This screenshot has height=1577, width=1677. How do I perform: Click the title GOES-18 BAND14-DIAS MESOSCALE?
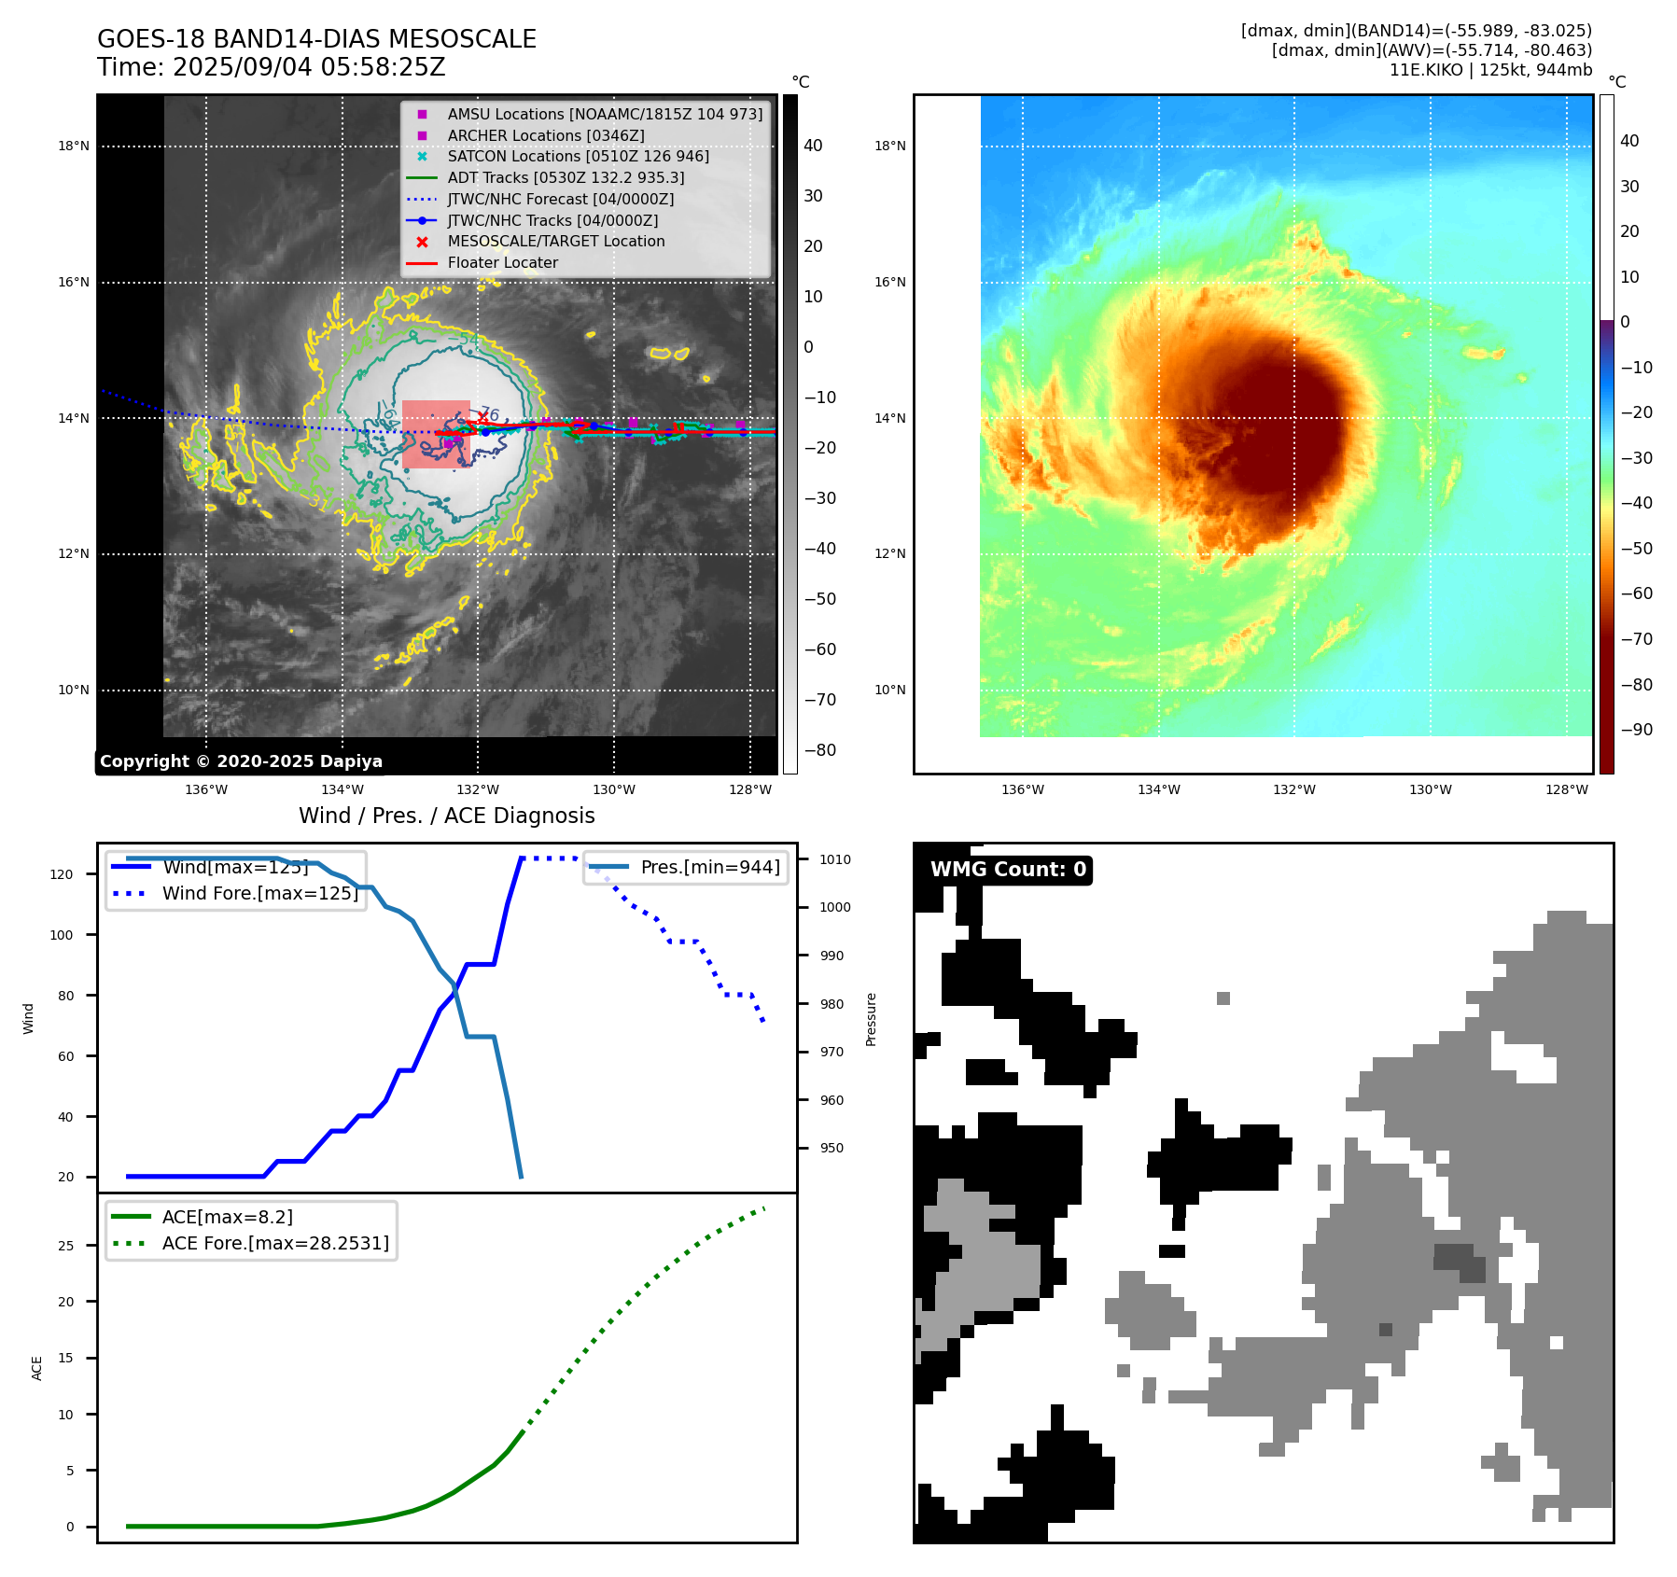[x=316, y=39]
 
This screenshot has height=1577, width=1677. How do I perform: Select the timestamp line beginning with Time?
[x=271, y=67]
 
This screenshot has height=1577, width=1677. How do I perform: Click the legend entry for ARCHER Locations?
[x=545, y=135]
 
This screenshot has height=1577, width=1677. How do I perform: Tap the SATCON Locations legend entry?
[x=578, y=156]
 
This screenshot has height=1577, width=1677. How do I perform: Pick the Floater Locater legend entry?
[x=502, y=262]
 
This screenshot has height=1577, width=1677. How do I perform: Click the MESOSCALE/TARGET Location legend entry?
[x=555, y=241]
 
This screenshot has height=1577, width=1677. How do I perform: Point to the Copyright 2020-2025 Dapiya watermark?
[x=241, y=761]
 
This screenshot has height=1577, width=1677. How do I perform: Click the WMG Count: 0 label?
[x=1008, y=870]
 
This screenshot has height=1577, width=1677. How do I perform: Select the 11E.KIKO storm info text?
[x=1490, y=70]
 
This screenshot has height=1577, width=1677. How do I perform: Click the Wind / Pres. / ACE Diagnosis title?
[x=446, y=816]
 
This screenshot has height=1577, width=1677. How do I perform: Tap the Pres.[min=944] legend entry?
[x=709, y=867]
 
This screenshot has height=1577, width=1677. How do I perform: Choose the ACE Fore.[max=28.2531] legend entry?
[x=274, y=1243]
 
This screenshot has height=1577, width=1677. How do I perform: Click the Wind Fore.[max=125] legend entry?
[x=259, y=893]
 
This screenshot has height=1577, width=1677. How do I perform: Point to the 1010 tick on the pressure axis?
[x=835, y=859]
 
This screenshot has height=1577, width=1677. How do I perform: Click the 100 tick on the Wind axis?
[x=62, y=935]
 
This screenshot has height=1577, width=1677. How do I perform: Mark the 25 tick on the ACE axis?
[x=65, y=1246]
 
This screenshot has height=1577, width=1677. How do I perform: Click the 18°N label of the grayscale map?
[x=74, y=147]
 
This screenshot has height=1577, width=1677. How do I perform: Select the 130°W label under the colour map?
[x=1430, y=789]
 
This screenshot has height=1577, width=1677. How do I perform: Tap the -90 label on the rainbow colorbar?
[x=1636, y=730]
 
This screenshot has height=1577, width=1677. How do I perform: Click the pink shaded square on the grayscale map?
[x=436, y=434]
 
